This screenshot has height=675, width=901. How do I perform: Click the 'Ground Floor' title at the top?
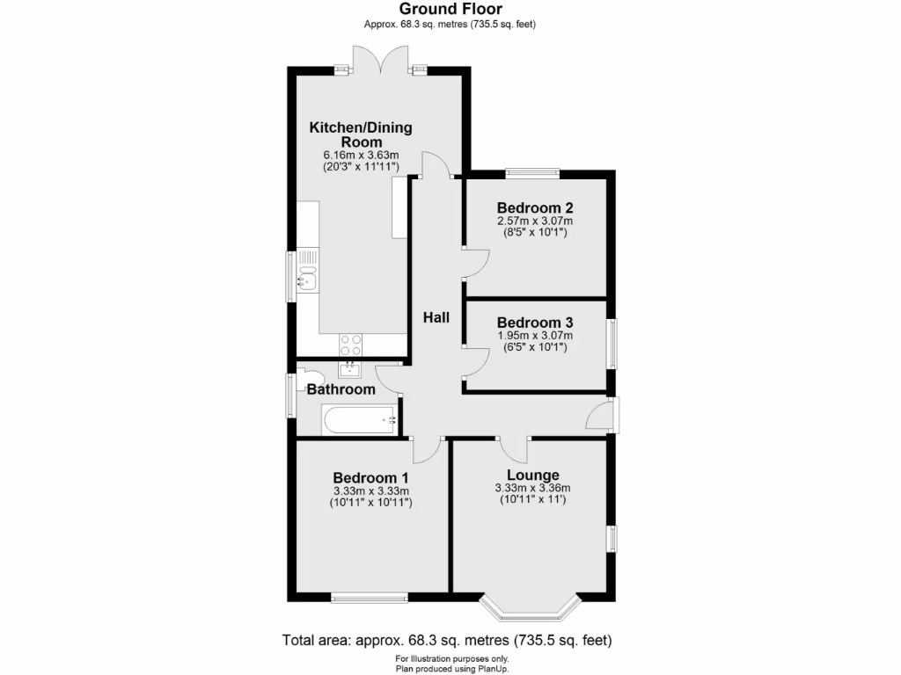[x=450, y=9]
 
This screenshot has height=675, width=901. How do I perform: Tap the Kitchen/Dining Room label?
[x=360, y=134]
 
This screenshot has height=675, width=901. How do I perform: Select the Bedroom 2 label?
[x=534, y=208]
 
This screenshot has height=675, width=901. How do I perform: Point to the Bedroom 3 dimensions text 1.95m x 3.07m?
[x=534, y=336]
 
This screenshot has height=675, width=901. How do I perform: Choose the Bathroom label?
[x=341, y=389]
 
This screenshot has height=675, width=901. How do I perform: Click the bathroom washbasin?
[x=351, y=368]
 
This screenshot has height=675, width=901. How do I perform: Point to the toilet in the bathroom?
[x=304, y=375]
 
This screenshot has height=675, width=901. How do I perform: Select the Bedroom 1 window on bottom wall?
[x=370, y=599]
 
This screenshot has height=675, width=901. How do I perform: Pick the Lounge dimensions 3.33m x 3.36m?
[x=532, y=489]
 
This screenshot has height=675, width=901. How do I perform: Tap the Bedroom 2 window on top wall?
[x=532, y=172]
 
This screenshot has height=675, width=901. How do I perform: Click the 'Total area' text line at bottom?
[x=446, y=640]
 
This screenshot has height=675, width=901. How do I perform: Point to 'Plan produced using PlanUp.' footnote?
[x=450, y=669]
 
